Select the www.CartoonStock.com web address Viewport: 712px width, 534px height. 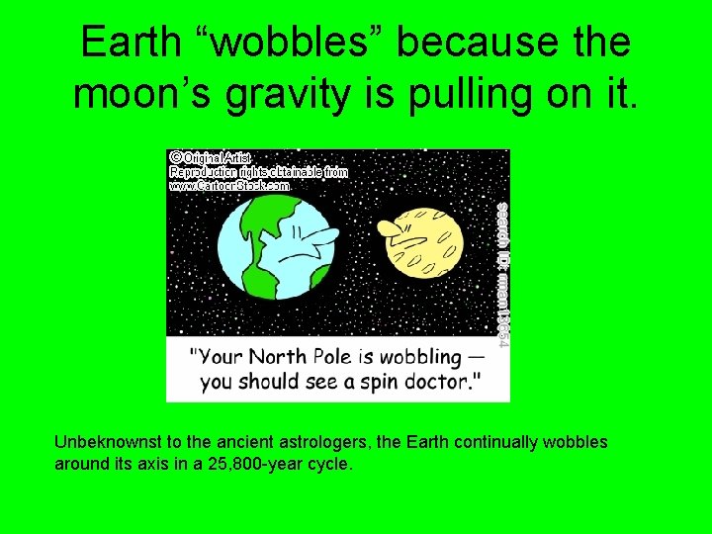(229, 185)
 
